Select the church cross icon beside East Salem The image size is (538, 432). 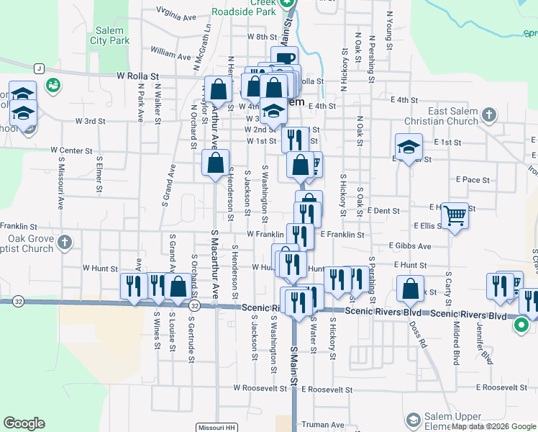488,115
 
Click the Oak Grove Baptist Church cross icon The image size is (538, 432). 65,243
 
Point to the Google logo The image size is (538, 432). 24,423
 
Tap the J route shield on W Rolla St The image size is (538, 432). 39,68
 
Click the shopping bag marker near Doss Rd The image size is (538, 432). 410,289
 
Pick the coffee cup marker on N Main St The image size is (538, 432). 285,59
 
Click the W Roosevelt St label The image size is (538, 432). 263,388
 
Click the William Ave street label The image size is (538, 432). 171,54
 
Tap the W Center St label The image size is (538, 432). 72,150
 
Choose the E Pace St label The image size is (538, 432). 473,179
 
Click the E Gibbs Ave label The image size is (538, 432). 411,246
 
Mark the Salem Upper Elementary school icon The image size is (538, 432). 414,420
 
